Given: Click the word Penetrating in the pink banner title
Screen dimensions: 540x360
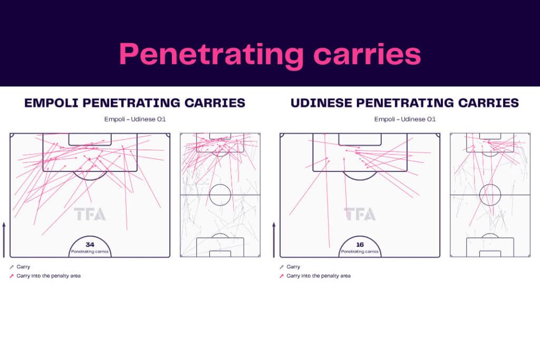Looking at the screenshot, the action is (211, 55).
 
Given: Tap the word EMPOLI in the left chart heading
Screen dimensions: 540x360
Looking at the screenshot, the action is (51, 103).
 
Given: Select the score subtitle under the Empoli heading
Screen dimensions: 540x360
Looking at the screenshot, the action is (135, 119).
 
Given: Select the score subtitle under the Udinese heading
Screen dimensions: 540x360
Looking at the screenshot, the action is (405, 119).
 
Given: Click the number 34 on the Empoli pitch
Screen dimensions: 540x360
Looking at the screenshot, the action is (90, 245).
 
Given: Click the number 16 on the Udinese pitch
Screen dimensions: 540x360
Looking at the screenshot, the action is (360, 245).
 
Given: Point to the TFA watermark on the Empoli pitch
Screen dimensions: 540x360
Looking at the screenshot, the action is (90, 214).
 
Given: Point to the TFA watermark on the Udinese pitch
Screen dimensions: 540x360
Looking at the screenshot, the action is (360, 214).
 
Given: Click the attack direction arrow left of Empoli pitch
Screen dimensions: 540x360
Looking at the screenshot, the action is (4, 239).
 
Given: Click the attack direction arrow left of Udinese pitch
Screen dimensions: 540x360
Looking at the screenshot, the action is (274, 239).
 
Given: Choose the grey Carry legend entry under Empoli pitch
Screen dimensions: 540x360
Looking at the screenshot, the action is (20, 267).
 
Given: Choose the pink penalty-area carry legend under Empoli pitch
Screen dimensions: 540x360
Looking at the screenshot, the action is (45, 276).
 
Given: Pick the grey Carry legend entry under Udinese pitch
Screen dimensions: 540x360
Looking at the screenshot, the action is (290, 267).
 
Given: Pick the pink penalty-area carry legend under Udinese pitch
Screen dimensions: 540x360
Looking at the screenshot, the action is (315, 276).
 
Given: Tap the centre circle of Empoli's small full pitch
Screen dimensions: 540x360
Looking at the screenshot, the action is (220, 184).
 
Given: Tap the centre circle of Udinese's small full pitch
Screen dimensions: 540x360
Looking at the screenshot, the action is (490, 184).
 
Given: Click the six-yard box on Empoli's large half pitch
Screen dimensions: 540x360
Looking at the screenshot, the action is (90, 145).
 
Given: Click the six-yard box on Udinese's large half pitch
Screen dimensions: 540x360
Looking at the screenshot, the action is (360, 145).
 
